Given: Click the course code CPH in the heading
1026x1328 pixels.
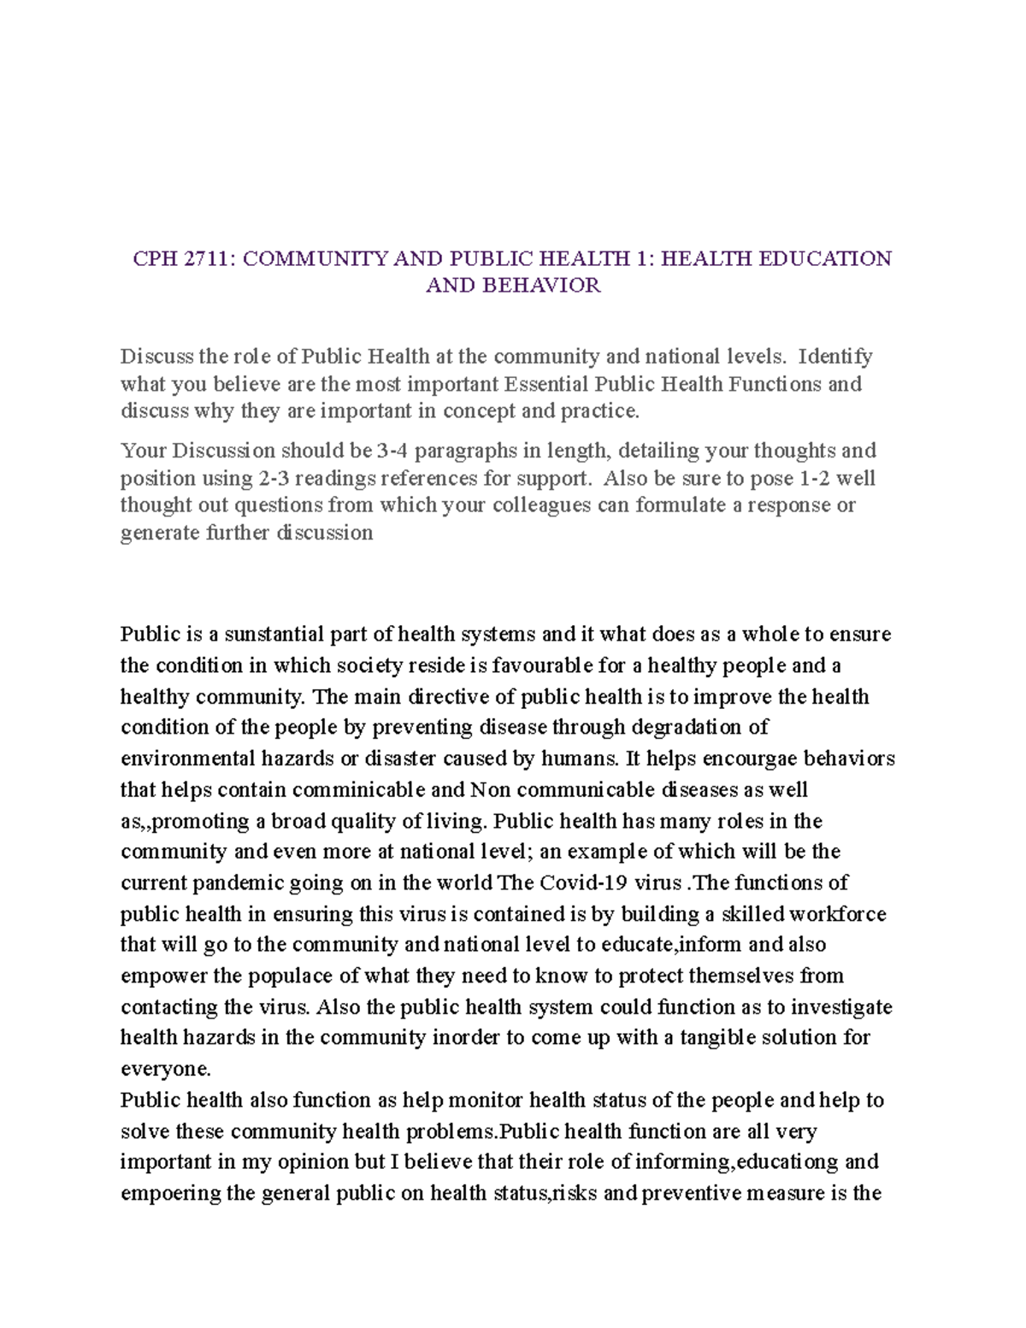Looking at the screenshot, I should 154,258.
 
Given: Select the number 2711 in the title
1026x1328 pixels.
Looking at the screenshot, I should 207,258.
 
